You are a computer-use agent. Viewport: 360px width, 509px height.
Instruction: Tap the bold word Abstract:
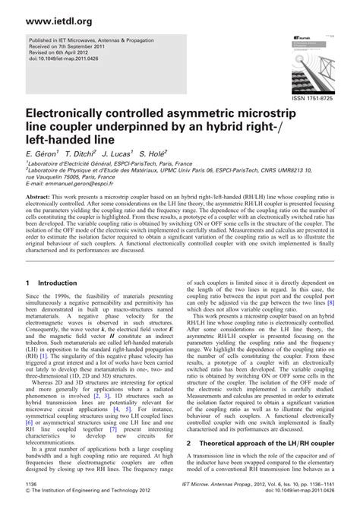pyautogui.click(x=42, y=195)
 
